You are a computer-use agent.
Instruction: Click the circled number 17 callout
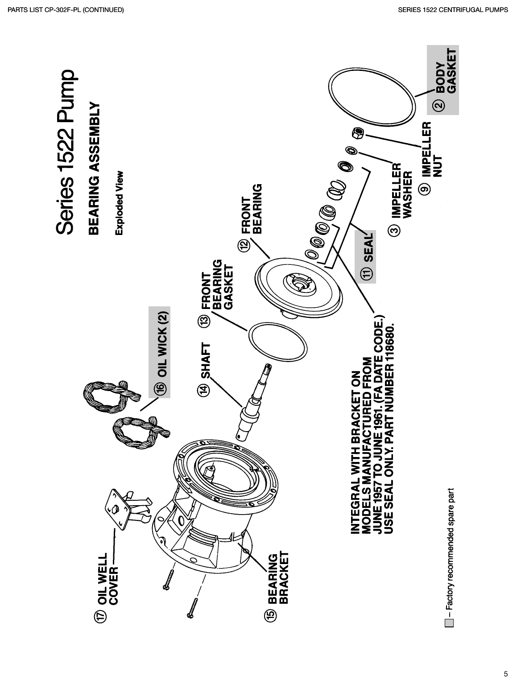point(102,617)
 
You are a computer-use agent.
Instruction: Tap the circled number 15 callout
point(272,614)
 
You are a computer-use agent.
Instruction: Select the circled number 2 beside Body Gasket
point(440,106)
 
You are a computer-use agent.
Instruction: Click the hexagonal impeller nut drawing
point(358,133)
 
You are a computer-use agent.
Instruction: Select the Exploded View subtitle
point(118,203)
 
